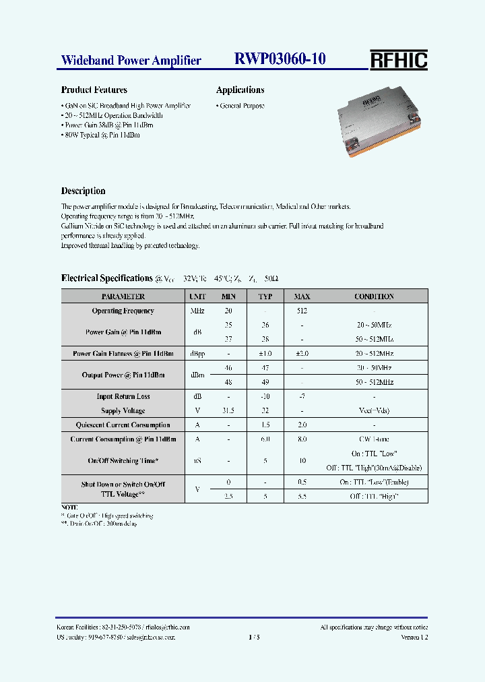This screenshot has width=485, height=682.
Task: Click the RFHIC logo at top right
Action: pos(398,60)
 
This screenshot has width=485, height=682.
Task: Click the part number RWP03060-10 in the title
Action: pos(280,59)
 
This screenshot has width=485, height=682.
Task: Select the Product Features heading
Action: pos(94,90)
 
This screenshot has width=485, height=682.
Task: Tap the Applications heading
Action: pos(240,90)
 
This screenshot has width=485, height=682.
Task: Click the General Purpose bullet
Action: pos(240,106)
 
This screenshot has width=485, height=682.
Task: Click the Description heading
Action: pos(83,191)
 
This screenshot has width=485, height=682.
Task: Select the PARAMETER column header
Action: pos(123,297)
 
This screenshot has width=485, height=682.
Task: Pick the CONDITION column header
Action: pos(374,297)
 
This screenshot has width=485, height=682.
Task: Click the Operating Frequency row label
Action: pos(123,311)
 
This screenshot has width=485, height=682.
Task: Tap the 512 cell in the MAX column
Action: pos(302,311)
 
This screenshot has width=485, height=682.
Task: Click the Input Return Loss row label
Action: pos(123,396)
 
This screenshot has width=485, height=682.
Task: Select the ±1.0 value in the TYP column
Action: pos(265,353)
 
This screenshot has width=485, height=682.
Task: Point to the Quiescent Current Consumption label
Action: pos(123,425)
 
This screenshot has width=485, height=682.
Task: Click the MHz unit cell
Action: pos(197,311)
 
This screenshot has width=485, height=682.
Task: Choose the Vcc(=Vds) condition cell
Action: pos(374,410)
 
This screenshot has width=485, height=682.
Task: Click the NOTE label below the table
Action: pos(69,506)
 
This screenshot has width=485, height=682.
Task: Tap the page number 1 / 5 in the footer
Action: pos(254,637)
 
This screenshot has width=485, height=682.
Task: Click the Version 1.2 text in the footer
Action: pos(414,637)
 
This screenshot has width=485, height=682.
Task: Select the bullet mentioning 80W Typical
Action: pos(101,135)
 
